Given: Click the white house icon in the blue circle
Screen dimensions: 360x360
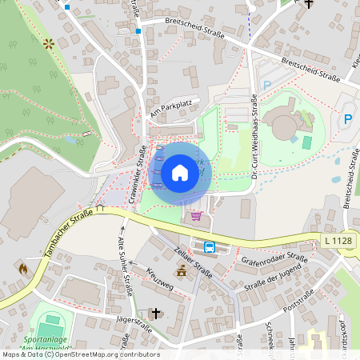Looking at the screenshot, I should [x=179, y=173].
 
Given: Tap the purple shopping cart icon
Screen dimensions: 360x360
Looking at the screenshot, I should [x=196, y=215].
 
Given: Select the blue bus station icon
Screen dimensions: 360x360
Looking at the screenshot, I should [x=210, y=247].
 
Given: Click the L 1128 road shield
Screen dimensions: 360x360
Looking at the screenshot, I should [x=338, y=241].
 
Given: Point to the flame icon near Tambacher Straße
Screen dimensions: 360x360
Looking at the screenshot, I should [x=22, y=270].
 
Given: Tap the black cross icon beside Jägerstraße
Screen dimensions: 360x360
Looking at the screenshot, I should [x=156, y=313].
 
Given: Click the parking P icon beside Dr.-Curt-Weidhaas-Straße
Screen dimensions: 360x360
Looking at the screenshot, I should [x=267, y=84].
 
